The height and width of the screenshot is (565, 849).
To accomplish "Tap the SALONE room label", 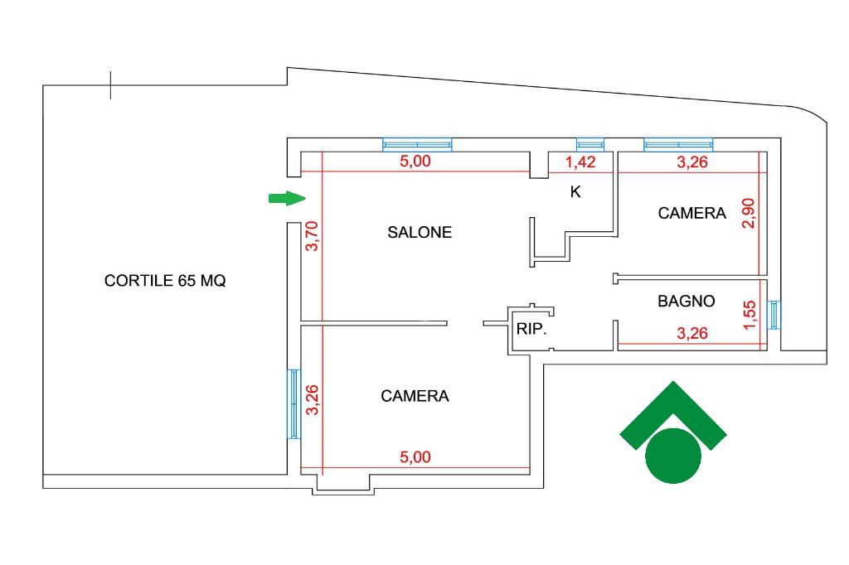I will coord(420,233).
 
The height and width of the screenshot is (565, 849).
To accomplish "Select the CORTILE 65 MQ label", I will coord(165,281).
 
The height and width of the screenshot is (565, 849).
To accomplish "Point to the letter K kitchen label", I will coord(575,192).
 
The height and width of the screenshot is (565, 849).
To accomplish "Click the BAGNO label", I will coord(686,302).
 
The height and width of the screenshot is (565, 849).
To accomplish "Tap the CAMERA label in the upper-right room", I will coord(691,214).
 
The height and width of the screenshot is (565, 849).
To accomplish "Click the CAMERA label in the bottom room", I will coord(415,397).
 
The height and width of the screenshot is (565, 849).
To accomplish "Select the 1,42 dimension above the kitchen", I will coord(581,162).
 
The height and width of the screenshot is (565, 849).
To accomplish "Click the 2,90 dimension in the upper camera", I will coord(749,214).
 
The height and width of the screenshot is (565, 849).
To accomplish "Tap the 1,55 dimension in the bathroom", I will coord(749,316).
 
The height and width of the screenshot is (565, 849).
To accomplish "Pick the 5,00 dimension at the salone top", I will coord(415,162).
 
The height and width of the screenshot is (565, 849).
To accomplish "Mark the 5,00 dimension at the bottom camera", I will coord(415,457).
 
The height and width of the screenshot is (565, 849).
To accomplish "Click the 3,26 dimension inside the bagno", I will coord(692,335).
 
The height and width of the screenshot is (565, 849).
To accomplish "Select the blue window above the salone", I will coord(417,144).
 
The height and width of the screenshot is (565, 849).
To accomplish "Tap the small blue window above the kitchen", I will coord(590,144).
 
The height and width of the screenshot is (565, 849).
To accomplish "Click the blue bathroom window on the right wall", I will coord(774,315).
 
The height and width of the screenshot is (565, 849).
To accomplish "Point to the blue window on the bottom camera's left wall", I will coord(294,403).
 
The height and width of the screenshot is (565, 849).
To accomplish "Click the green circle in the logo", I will coord(672,456).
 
